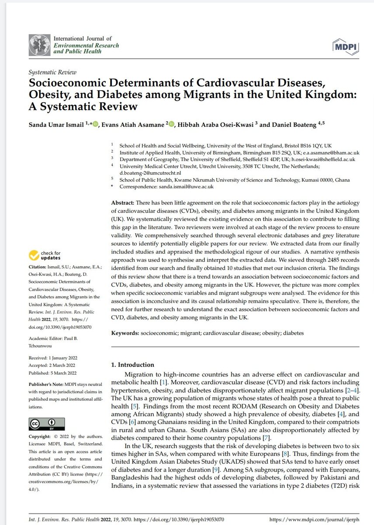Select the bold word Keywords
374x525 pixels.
(125, 333)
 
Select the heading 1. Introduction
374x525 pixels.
(132, 364)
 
